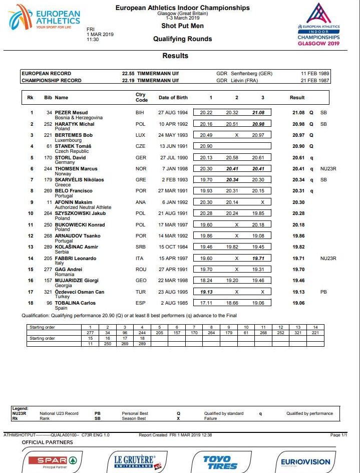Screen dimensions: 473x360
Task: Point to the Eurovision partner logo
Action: click(x=305, y=461)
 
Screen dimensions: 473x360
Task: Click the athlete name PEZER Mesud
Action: click(x=71, y=113)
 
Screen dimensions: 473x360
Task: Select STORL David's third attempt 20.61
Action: click(x=258, y=157)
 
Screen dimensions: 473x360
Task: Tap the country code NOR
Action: click(x=141, y=169)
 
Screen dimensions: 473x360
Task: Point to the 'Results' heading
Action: click(x=175, y=56)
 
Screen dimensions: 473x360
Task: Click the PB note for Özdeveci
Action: click(x=324, y=292)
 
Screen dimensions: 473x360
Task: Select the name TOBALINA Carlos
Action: click(x=75, y=303)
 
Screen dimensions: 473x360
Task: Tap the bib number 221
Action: click(x=48, y=135)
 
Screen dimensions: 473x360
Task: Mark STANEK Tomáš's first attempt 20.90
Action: click(x=206, y=146)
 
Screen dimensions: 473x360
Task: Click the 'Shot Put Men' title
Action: click(x=182, y=26)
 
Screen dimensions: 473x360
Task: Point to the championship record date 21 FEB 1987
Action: click(x=314, y=80)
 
